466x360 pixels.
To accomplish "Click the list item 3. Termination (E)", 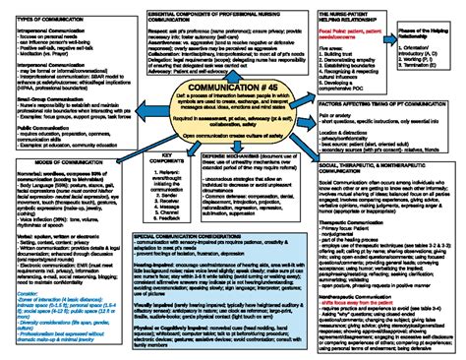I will [x=424, y=87].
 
